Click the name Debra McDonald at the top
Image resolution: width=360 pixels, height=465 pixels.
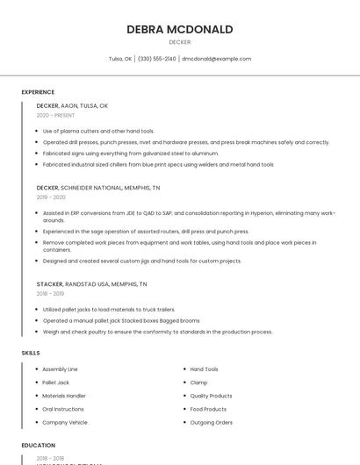180,29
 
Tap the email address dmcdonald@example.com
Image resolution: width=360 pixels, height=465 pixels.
216,59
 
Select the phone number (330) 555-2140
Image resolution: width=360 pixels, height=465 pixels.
157,59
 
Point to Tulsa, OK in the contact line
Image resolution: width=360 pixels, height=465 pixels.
120,59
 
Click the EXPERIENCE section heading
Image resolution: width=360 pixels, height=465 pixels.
38,92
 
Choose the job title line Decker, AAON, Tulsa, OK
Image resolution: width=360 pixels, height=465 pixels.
72,105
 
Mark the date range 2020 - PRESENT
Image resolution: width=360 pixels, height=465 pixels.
55,115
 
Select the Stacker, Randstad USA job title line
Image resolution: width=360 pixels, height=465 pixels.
91,284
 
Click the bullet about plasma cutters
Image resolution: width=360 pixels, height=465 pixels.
98,131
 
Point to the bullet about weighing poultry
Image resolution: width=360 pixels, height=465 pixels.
158,332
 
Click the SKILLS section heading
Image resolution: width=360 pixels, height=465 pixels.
31,353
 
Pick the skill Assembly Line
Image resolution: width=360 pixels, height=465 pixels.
60,369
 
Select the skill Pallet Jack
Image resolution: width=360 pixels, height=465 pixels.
55,383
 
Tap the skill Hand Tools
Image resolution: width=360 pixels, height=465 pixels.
204,369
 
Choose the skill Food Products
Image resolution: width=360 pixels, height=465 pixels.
208,409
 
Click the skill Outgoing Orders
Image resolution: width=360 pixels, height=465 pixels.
211,422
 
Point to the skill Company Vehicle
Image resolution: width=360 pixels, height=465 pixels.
65,422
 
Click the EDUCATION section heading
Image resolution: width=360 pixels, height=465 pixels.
39,445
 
